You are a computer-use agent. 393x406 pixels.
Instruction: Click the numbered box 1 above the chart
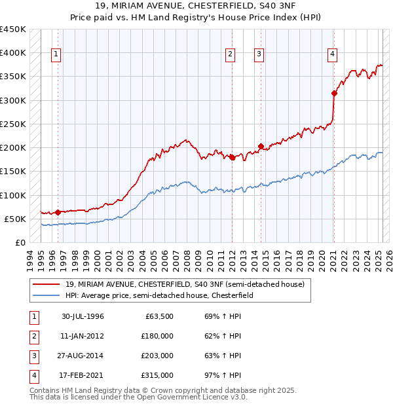click(x=56, y=55)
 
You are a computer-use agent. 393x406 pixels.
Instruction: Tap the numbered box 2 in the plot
click(x=231, y=55)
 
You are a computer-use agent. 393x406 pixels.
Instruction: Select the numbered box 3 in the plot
click(x=259, y=55)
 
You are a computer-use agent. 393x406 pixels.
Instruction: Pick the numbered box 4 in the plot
click(x=333, y=55)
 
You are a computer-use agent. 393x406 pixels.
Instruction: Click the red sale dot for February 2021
click(x=334, y=93)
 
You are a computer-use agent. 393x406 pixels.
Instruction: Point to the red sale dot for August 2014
click(x=261, y=146)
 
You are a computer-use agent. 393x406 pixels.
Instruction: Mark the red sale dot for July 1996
click(x=58, y=212)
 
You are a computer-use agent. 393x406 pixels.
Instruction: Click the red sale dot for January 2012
click(x=232, y=157)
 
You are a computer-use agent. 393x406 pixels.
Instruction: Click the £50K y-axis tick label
click(x=16, y=219)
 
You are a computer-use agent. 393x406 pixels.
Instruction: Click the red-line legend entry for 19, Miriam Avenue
click(x=185, y=285)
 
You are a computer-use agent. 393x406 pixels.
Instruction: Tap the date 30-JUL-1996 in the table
click(x=83, y=316)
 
